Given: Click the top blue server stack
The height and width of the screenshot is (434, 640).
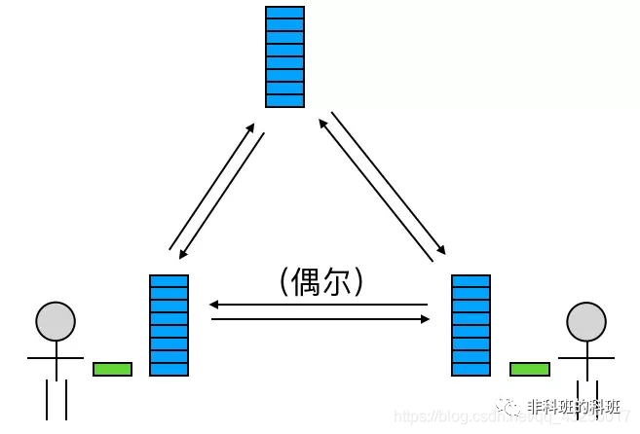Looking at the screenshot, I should pos(284,56).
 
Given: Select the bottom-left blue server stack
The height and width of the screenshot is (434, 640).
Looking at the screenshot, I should pos(169,325).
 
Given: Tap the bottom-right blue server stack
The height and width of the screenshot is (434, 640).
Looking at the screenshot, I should pos(471,325).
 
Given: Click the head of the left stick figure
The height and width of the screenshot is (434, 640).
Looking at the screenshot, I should pos(56,321).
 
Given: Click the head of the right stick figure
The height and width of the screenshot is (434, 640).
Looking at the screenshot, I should pos(586,321).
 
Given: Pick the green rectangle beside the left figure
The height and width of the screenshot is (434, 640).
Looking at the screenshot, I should pos(112,369).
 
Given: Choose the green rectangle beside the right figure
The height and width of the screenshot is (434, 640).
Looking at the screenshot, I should pos(529,369).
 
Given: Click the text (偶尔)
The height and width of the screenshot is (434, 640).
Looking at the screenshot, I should pos(320,282).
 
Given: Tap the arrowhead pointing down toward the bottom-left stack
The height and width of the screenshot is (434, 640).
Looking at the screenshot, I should pos(181,255).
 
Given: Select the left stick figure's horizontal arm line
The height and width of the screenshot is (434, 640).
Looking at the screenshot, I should pos(56,358).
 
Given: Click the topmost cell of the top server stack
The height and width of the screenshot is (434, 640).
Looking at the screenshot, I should pos(284,13).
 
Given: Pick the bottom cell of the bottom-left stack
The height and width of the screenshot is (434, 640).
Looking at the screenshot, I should pos(169,369).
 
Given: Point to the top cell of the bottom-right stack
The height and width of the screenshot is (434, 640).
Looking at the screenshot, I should pos(471,281).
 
